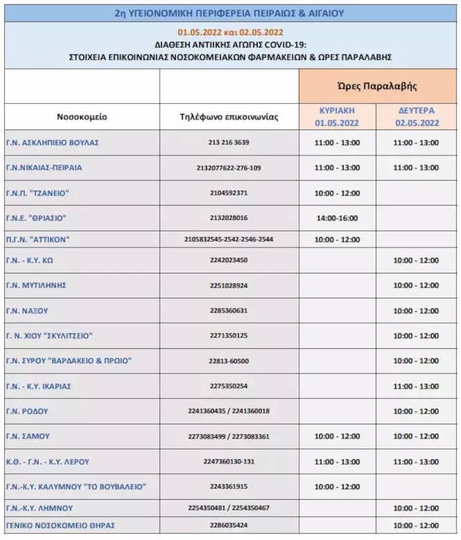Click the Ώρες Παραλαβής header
click(x=377, y=86)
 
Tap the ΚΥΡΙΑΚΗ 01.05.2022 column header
click(x=337, y=116)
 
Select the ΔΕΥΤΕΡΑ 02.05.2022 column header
click(x=417, y=116)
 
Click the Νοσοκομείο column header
click(x=82, y=116)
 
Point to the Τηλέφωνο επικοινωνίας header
click(x=229, y=116)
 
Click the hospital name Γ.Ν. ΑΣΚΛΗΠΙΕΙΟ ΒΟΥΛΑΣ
click(x=52, y=142)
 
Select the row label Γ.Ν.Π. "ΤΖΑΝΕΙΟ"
click(x=37, y=193)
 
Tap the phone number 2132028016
click(x=229, y=218)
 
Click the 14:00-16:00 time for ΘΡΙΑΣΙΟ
click(x=337, y=218)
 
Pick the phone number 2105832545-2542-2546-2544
click(x=229, y=239)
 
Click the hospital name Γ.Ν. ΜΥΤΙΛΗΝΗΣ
click(x=36, y=285)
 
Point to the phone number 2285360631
click(x=229, y=311)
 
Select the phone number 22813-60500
click(x=229, y=361)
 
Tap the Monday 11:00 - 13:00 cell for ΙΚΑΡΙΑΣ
click(x=417, y=386)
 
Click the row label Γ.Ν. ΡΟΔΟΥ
click(x=27, y=412)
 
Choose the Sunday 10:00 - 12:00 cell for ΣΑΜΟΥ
click(x=337, y=436)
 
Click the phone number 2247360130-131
click(x=229, y=462)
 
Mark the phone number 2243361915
click(x=229, y=486)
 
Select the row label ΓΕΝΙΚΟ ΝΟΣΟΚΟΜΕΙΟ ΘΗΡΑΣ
click(x=61, y=525)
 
